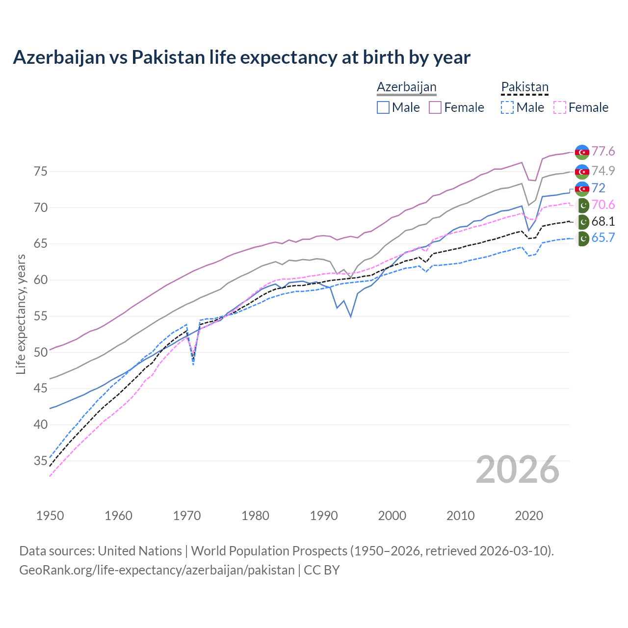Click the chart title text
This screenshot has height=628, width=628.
[241, 57]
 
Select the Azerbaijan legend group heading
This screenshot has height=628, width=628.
[406, 87]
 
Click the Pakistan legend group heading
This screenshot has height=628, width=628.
[524, 87]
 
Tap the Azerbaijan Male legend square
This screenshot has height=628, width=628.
[383, 107]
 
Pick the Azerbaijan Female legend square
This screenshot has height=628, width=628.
[435, 107]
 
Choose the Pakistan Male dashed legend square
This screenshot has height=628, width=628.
[507, 107]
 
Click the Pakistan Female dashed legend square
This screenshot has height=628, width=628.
[559, 107]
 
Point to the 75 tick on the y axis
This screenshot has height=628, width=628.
[40, 172]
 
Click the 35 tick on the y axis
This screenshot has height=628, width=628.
[40, 461]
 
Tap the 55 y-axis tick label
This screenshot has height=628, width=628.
[40, 316]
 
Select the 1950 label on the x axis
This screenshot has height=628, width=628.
[50, 516]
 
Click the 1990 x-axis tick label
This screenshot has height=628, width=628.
[324, 516]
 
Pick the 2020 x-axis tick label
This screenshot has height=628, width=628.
[529, 516]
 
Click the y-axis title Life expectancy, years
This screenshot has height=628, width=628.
[21, 314]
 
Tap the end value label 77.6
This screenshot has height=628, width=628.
[603, 151]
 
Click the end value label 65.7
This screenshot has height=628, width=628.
[603, 238]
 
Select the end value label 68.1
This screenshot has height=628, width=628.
[603, 221]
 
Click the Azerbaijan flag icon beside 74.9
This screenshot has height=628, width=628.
[582, 171]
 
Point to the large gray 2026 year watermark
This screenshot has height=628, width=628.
[518, 470]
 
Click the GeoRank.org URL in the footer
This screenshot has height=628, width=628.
[157, 570]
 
